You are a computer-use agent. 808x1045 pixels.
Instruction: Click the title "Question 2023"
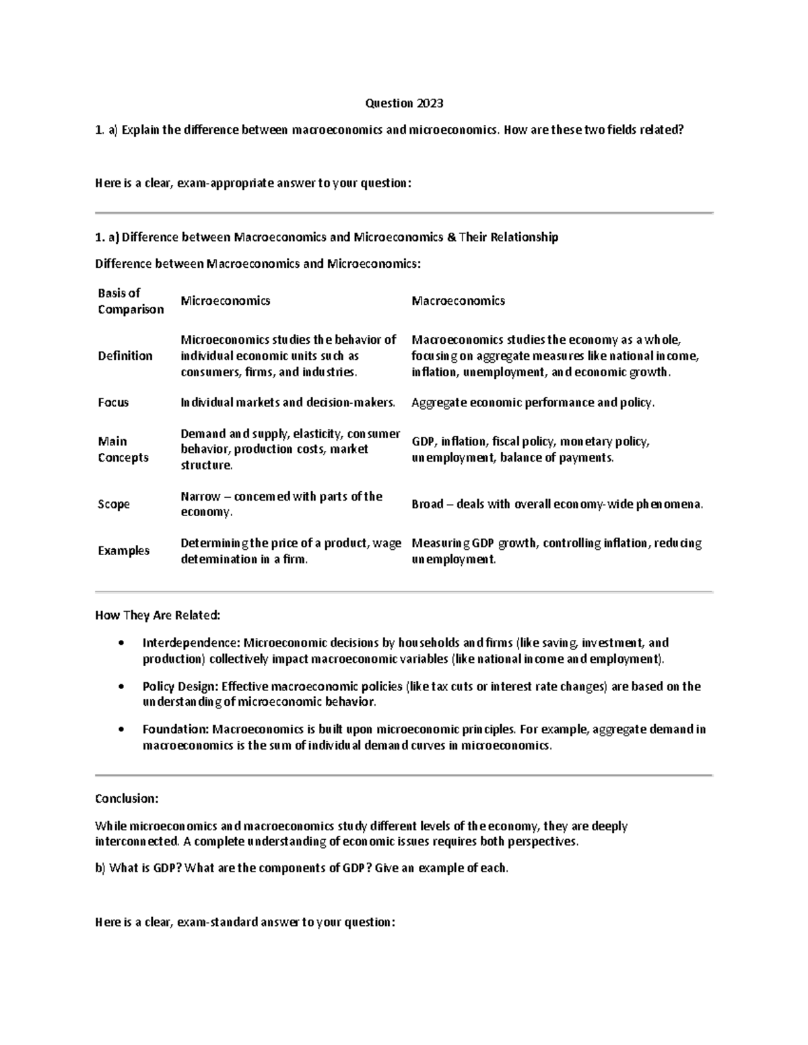click(x=404, y=103)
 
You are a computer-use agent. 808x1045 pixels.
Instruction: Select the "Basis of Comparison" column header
click(x=131, y=301)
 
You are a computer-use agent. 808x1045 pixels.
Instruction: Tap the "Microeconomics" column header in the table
click(x=225, y=301)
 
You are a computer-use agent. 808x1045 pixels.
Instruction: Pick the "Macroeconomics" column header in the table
click(x=458, y=301)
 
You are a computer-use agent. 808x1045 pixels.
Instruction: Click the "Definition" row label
click(x=125, y=355)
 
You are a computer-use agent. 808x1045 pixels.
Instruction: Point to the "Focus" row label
click(x=113, y=402)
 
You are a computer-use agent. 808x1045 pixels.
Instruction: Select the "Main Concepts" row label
click(x=123, y=449)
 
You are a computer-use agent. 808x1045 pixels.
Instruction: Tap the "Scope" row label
click(x=114, y=504)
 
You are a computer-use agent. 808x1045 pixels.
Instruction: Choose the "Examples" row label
click(x=124, y=550)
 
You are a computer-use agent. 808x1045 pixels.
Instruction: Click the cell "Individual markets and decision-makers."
click(x=288, y=402)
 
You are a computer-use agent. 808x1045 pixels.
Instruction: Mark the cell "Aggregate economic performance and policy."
click(x=533, y=402)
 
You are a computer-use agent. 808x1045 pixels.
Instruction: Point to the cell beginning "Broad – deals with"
click(x=557, y=504)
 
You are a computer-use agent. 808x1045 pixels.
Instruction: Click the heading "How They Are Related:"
click(x=158, y=615)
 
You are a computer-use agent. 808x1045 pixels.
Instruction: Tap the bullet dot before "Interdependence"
click(x=121, y=643)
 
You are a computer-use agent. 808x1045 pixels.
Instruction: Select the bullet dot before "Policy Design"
click(x=121, y=687)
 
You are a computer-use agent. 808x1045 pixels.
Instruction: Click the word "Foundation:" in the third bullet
click(x=176, y=729)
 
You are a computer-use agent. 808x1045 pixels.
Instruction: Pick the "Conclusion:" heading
click(x=127, y=799)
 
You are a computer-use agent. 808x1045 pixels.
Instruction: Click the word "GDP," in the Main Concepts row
click(x=424, y=441)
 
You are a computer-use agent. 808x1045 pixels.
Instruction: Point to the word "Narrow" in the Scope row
click(x=201, y=497)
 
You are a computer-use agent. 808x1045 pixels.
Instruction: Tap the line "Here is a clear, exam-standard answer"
click(x=245, y=922)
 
